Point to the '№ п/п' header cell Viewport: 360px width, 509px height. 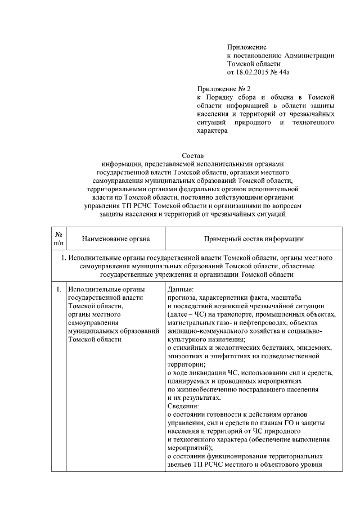[x=58, y=238]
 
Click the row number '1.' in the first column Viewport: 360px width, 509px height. [x=58, y=290]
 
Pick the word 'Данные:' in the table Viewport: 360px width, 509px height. [x=182, y=290]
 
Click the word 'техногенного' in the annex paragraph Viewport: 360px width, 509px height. [x=313, y=122]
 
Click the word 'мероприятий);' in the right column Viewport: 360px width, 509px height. [x=190, y=448]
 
